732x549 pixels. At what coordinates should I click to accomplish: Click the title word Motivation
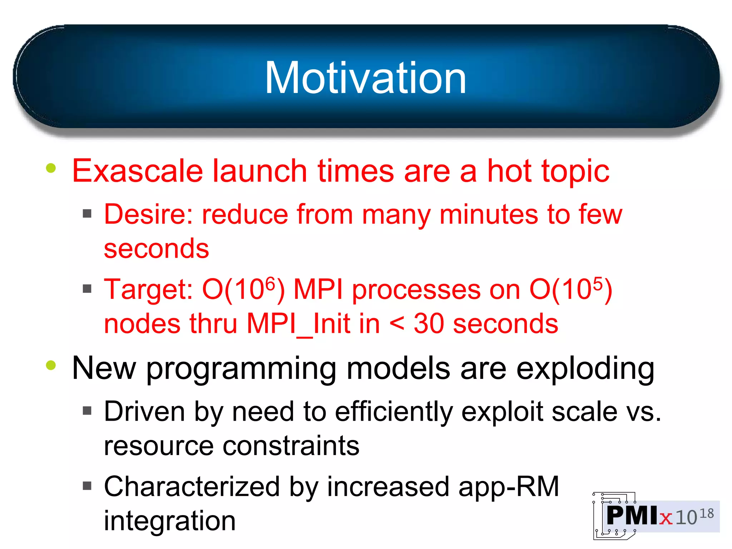[x=365, y=78]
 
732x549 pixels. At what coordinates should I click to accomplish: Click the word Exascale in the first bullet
[x=137, y=172]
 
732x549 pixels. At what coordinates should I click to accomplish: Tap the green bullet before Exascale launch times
[x=51, y=168]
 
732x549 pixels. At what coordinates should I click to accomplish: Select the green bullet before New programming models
[x=51, y=365]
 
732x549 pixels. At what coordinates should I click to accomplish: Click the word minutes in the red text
[x=488, y=214]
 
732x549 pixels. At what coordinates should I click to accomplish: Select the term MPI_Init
[x=313, y=324]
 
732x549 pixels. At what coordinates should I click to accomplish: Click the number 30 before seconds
[x=429, y=324]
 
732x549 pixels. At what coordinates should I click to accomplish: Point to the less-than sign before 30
[x=397, y=324]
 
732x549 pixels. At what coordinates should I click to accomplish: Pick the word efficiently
[x=394, y=412]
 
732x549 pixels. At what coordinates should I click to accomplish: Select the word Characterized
[x=192, y=487]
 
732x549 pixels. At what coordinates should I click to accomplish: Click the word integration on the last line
[x=170, y=521]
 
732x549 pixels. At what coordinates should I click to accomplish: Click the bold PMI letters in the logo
[x=632, y=515]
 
